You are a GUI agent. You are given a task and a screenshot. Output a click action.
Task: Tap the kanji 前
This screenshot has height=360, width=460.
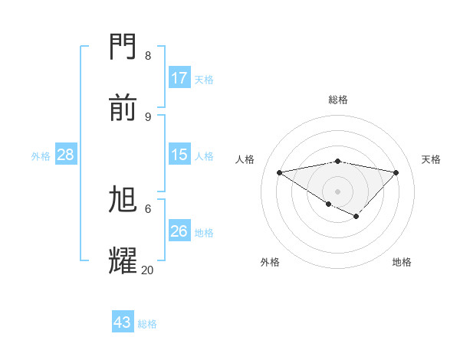click(124, 108)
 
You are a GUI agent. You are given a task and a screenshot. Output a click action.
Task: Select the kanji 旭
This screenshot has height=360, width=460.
click(124, 200)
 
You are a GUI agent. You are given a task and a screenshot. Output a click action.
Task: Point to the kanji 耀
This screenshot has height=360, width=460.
click(124, 260)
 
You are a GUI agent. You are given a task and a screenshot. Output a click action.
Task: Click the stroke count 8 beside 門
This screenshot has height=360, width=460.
click(148, 55)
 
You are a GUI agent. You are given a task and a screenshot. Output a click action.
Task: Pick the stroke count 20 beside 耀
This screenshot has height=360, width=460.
click(147, 270)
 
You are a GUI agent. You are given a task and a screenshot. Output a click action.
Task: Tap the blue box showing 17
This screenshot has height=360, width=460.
click(179, 78)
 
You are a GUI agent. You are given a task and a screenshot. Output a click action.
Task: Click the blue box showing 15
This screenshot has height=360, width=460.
click(179, 155)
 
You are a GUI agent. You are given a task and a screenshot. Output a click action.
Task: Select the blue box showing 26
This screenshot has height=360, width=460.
click(179, 231)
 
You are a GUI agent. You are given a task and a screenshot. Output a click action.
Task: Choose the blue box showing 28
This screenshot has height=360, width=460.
click(66, 155)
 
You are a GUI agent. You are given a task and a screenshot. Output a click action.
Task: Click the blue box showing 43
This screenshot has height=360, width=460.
click(123, 322)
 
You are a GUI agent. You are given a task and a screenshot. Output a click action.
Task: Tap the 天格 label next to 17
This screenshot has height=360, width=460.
click(204, 79)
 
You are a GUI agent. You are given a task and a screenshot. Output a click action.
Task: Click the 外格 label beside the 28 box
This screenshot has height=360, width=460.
click(41, 155)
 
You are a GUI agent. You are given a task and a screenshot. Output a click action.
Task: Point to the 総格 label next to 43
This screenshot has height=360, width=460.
click(147, 323)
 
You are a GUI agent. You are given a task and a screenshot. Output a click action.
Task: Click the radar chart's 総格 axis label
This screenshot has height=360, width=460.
click(338, 100)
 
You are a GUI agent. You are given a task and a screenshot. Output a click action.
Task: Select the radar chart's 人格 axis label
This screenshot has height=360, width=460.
click(245, 159)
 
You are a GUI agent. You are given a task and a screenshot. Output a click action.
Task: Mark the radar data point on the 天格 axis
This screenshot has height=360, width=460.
click(396, 172)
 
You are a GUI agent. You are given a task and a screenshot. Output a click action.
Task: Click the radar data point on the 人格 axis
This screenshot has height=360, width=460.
click(280, 172)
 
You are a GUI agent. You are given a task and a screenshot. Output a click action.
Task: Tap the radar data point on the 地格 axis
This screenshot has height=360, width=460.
click(356, 217)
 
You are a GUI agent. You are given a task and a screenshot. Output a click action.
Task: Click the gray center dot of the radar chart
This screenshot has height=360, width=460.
click(338, 191)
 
